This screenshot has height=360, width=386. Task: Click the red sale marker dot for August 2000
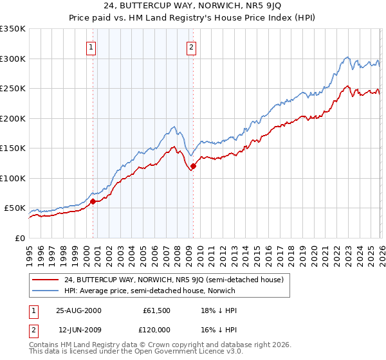click(x=93, y=201)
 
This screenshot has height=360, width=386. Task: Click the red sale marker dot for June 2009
click(x=193, y=166)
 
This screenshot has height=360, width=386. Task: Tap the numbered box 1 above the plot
click(x=91, y=46)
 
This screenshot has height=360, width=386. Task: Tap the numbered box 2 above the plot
click(x=192, y=46)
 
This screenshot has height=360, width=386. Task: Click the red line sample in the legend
click(x=45, y=280)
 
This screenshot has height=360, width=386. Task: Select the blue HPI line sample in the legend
click(x=45, y=291)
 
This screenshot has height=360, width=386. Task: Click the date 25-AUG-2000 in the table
click(x=78, y=310)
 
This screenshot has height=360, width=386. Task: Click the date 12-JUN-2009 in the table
click(x=78, y=329)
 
